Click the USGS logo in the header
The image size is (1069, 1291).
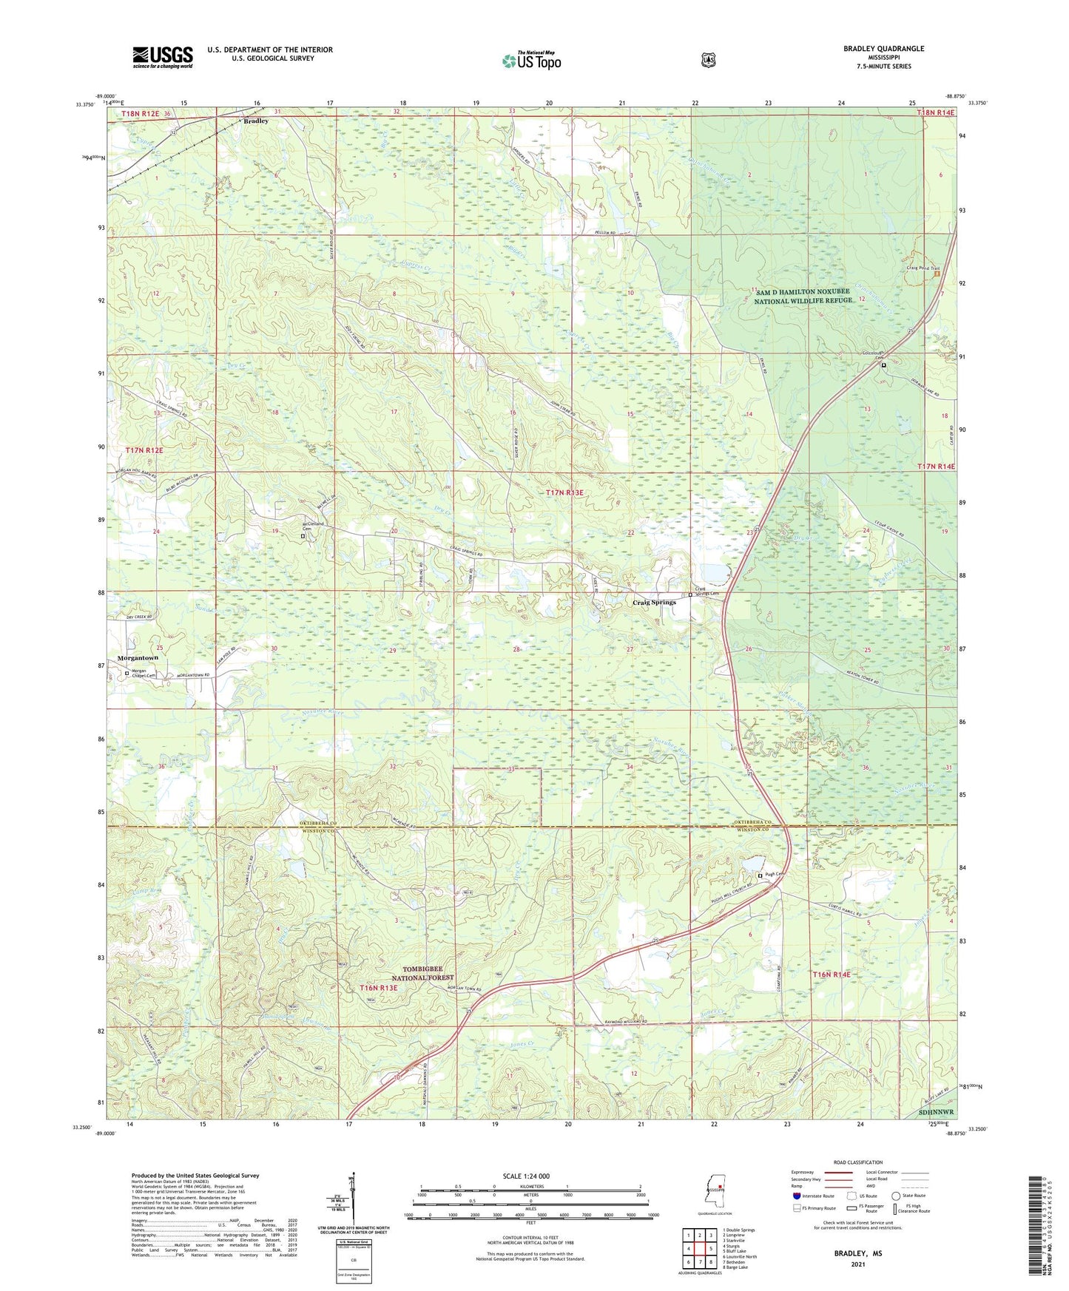(163, 57)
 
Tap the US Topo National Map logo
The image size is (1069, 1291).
(531, 60)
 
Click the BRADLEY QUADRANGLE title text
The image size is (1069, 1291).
(883, 49)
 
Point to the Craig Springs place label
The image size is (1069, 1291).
(654, 603)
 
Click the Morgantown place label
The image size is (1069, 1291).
(138, 657)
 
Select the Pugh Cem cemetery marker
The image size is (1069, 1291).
(761, 875)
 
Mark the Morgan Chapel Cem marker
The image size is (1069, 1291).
(127, 674)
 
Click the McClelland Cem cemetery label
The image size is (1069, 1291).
(311, 528)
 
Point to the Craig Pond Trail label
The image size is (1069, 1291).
(923, 268)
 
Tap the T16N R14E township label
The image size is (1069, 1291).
(832, 975)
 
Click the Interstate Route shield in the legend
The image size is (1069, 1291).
(796, 1196)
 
